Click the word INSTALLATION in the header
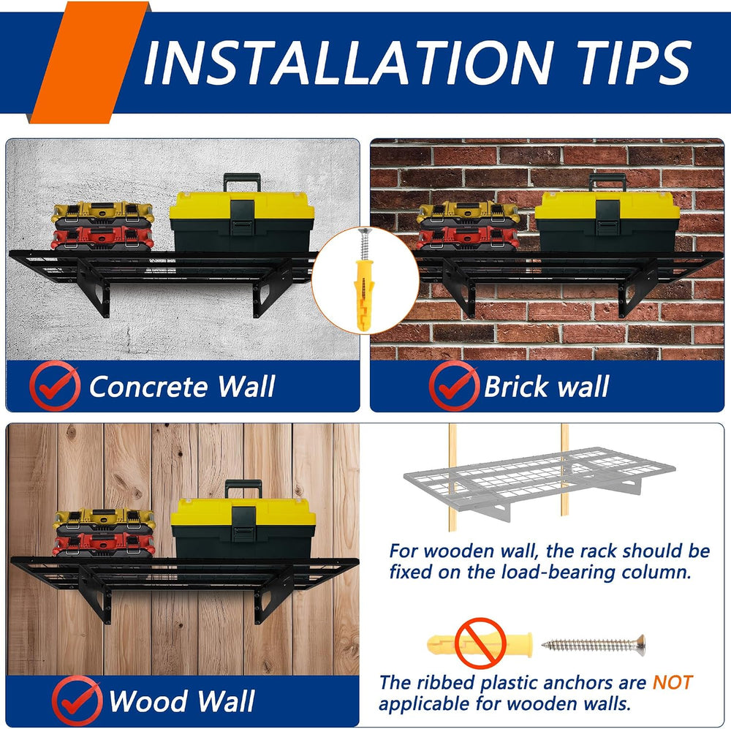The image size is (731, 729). point(348,63)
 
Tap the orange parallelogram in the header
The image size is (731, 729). point(89,62)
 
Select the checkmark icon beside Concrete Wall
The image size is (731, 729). point(55,386)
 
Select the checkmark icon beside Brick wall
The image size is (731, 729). point(454,386)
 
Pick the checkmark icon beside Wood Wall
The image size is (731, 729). point(77,700)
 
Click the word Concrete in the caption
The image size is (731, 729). point(148,387)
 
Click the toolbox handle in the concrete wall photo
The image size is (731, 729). point(242,182)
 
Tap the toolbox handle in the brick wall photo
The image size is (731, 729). point(607,182)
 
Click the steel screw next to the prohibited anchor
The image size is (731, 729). point(594,645)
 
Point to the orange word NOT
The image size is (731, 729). point(673,683)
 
